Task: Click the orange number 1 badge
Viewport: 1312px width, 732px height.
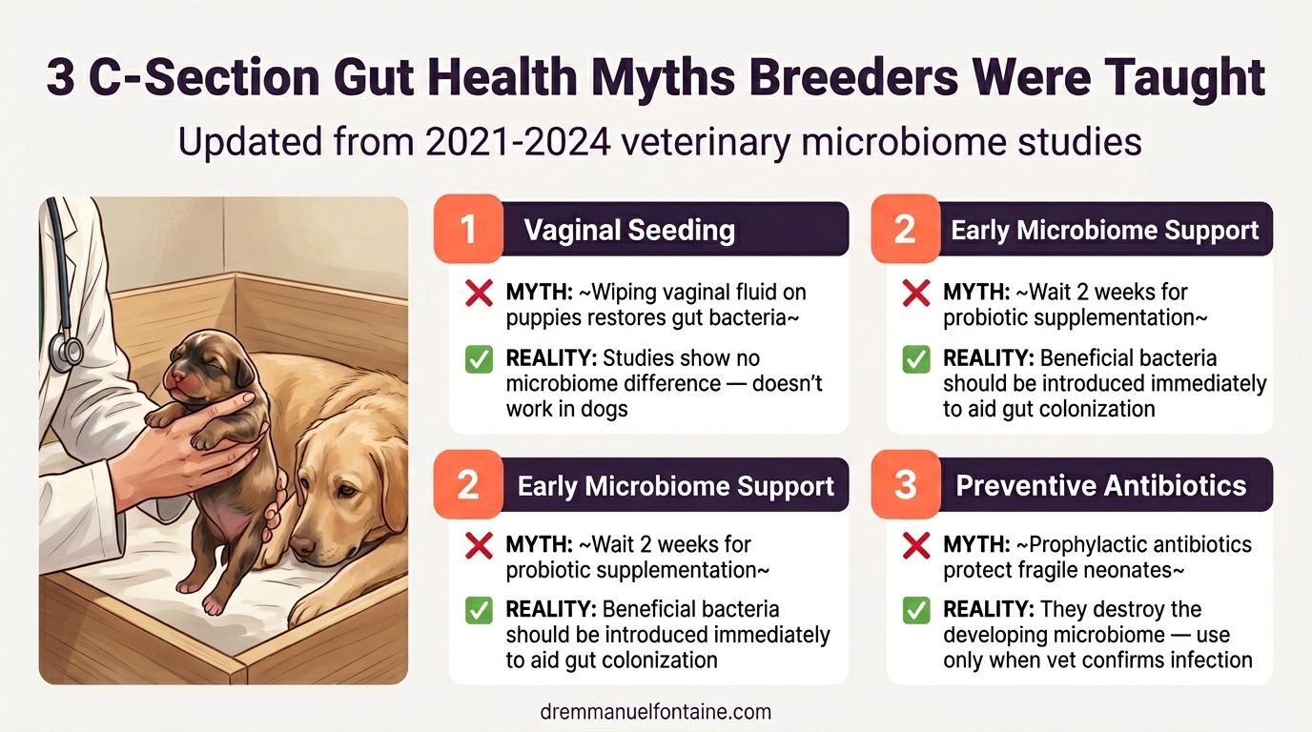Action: pyautogui.click(x=468, y=229)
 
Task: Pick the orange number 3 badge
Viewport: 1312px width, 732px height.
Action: pyautogui.click(x=906, y=485)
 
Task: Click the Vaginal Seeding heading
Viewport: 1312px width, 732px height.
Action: pyautogui.click(x=629, y=230)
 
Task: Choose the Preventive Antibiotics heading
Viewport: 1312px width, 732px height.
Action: pyautogui.click(x=1101, y=485)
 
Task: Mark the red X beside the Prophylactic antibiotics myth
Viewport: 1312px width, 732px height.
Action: pyautogui.click(x=916, y=545)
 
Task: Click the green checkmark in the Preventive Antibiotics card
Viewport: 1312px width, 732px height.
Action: pyautogui.click(x=916, y=610)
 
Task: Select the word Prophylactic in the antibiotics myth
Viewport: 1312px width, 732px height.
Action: pyautogui.click(x=1083, y=545)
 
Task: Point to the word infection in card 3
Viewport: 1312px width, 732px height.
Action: pyautogui.click(x=1205, y=660)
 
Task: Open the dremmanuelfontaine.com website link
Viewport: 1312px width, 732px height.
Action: pyautogui.click(x=655, y=711)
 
